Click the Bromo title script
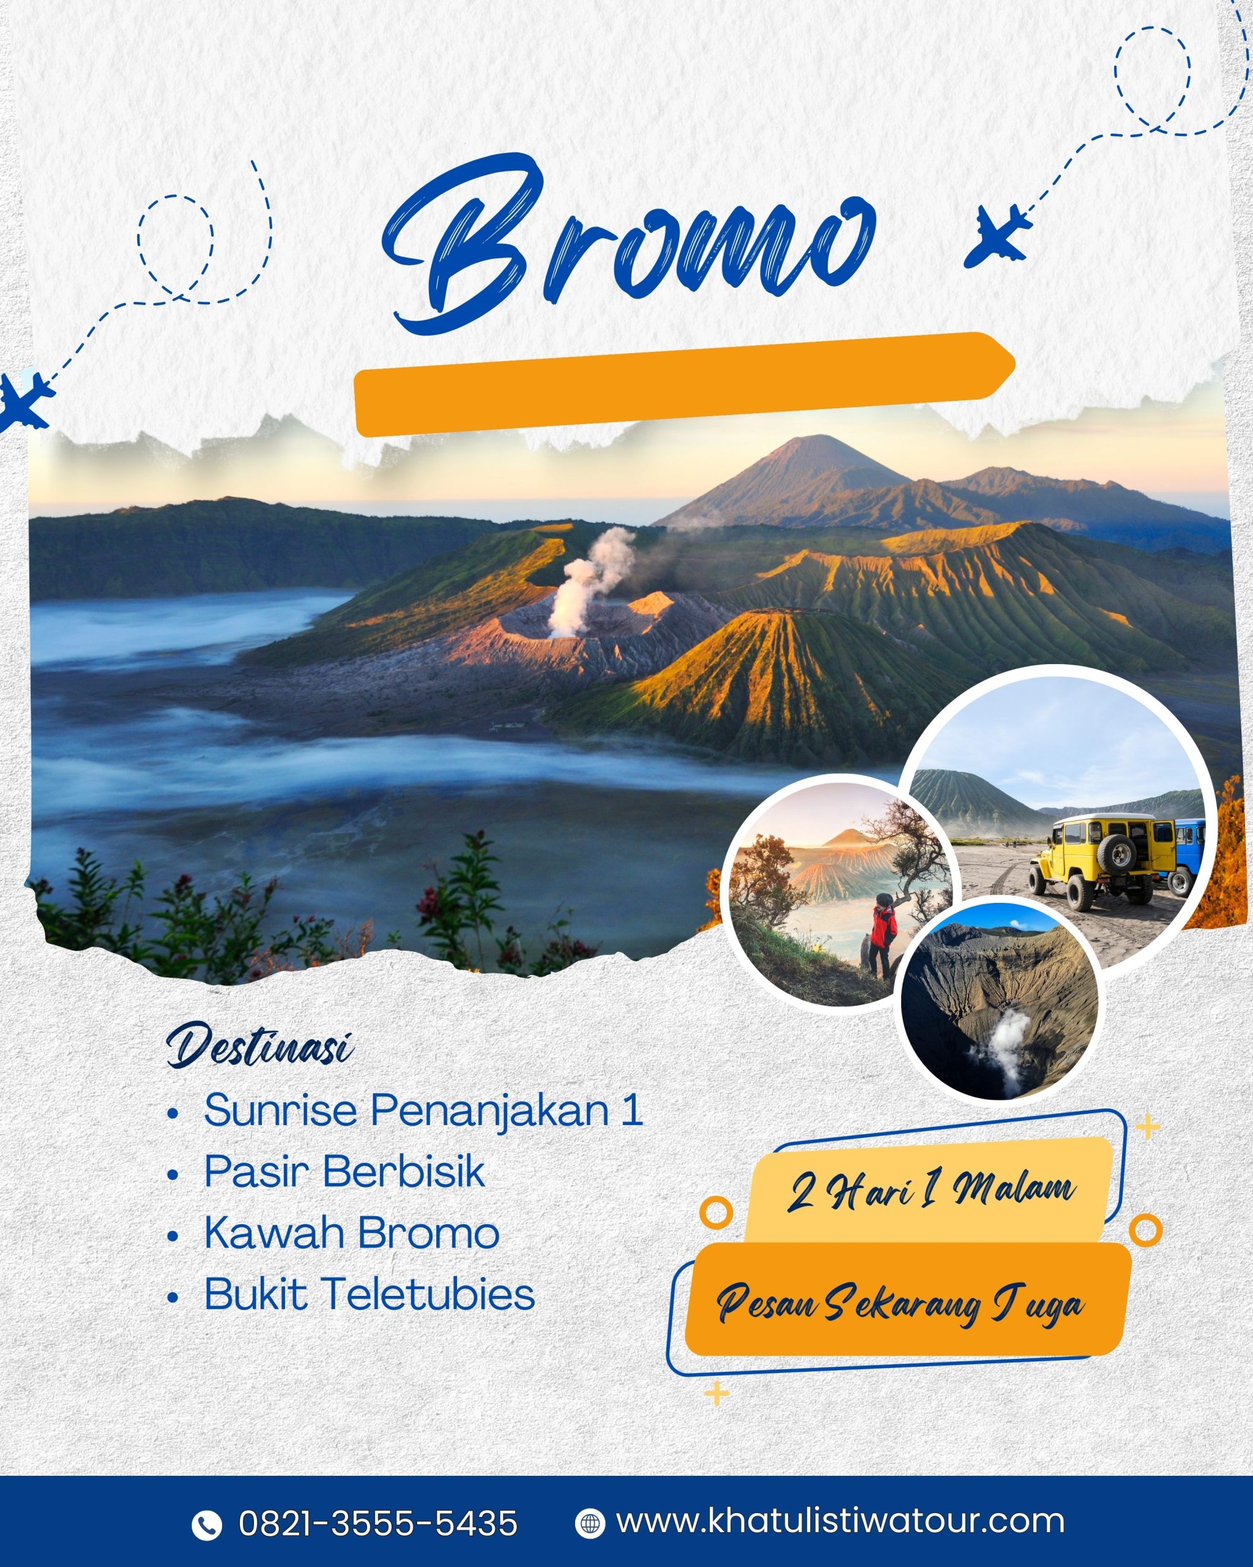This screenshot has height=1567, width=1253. [x=628, y=244]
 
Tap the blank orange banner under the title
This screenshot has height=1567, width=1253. [x=683, y=384]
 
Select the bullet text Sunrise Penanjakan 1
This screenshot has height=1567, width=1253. [x=423, y=1110]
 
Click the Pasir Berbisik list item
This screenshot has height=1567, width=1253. [x=344, y=1171]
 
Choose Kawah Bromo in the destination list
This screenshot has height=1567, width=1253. [x=352, y=1233]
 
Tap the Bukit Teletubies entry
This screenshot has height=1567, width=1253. [x=370, y=1294]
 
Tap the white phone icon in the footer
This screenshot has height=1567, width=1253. [x=206, y=1525]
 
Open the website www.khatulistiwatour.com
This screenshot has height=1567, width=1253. [x=841, y=1520]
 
